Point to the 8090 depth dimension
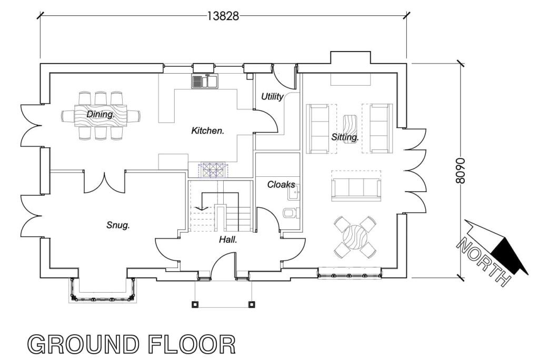pos(461,170)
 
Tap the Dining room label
pos(101,114)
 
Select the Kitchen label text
pos(207,131)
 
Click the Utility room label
pos(272,97)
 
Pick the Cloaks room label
pos(281,185)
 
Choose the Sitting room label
pos(345,137)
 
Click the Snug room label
pos(118,225)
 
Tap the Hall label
pos(228,239)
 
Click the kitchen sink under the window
pos(205,81)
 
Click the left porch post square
pos(195,304)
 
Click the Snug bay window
pos(102,291)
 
